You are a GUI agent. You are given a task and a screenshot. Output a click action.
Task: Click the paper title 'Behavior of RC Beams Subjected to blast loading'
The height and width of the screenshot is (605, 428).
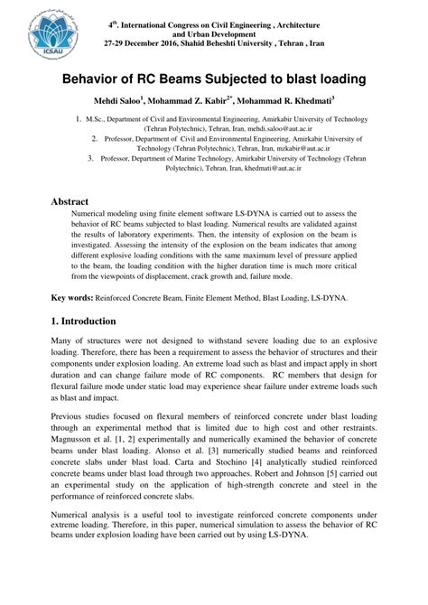click(213, 79)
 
